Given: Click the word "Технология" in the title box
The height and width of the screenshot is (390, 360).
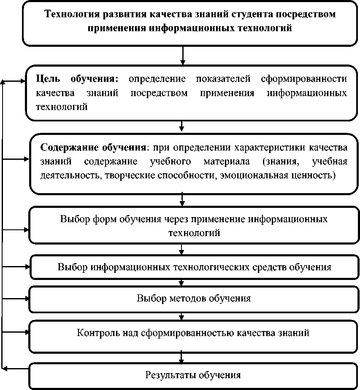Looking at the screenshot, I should [x=68, y=14].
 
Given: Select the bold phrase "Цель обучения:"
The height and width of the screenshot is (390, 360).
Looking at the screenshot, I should [x=77, y=79].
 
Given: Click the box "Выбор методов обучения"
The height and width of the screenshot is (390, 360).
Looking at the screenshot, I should [x=194, y=299].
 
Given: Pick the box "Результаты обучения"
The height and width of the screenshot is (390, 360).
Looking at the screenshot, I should [x=194, y=375].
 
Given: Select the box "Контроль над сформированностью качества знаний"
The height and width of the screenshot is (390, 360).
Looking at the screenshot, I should [x=194, y=333].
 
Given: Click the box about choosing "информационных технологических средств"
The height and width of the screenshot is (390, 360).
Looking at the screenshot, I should [x=194, y=267].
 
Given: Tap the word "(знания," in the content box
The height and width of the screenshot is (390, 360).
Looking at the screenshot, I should [x=282, y=161].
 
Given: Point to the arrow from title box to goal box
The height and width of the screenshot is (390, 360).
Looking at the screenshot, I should [x=182, y=55].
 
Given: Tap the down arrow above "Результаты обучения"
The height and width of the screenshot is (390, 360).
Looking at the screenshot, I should [x=181, y=357].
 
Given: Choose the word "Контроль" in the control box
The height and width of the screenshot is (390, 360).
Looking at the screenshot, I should [x=96, y=333].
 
